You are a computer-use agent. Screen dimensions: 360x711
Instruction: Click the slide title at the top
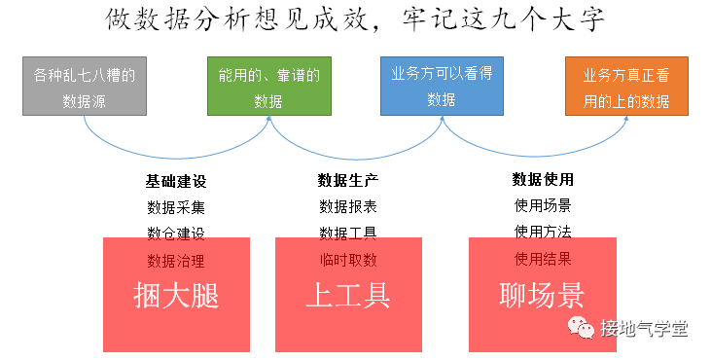355,20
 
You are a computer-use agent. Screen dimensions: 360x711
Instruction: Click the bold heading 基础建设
176,182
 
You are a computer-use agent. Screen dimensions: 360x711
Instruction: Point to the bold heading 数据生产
348,181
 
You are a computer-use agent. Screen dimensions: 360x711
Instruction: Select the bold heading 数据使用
543,180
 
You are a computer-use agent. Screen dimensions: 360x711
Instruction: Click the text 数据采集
176,207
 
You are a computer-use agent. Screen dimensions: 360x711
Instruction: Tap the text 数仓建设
176,234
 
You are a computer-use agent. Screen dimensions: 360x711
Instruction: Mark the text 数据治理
176,261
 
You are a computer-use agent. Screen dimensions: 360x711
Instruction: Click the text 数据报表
348,207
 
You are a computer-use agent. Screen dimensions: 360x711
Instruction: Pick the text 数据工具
348,234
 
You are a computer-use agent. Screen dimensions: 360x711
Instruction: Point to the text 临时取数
348,261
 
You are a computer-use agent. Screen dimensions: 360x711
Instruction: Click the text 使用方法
543,233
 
